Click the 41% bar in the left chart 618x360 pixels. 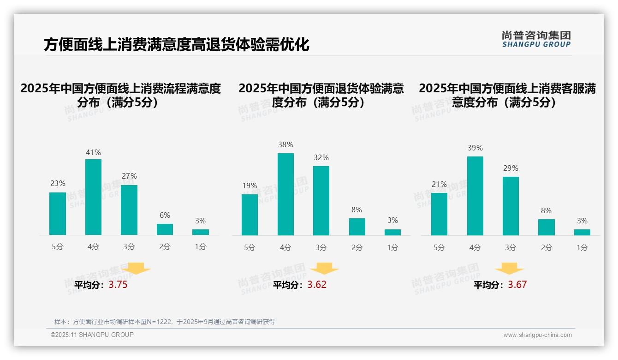click(x=93, y=197)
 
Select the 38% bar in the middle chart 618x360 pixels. click(x=285, y=194)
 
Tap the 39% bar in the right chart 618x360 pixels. click(x=475, y=196)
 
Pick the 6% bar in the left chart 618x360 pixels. click(x=165, y=229)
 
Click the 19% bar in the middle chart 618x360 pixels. click(x=250, y=215)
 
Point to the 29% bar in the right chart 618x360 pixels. click(x=511, y=206)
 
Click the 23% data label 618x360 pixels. click(x=58, y=183)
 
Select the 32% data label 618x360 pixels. click(x=321, y=157)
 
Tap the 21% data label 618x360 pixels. click(x=439, y=184)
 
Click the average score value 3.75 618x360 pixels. click(x=118, y=285)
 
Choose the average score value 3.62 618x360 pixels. click(x=317, y=285)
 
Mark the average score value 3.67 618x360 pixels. click(x=517, y=285)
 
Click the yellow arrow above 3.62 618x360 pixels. click(x=324, y=269)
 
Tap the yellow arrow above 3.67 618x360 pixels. click(x=509, y=269)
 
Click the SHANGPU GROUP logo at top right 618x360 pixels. click(x=536, y=39)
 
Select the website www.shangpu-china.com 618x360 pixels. click(x=537, y=335)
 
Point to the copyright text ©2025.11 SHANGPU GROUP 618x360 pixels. click(x=92, y=335)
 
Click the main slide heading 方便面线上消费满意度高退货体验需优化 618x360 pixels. click(x=177, y=45)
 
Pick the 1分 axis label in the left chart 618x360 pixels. click(x=200, y=247)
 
